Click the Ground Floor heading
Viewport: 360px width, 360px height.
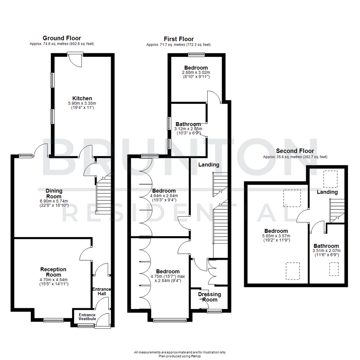(x=62, y=38)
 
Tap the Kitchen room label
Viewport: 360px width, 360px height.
(x=82, y=98)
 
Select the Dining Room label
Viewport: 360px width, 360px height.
(x=54, y=194)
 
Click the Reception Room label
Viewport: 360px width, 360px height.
(x=53, y=272)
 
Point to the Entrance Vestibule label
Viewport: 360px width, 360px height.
(x=87, y=317)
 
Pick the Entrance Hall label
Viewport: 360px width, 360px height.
(x=101, y=292)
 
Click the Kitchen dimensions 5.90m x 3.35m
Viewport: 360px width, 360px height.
(x=82, y=103)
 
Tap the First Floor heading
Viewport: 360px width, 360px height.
(x=179, y=39)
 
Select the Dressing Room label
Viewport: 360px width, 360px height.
(x=210, y=297)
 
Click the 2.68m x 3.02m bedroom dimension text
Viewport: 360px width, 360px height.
(x=196, y=72)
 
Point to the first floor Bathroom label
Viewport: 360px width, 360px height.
(x=188, y=124)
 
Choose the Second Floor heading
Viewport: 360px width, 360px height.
(x=295, y=151)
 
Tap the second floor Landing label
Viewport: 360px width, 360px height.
(x=327, y=192)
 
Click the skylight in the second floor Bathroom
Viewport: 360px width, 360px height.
(x=334, y=269)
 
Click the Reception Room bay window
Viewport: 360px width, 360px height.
(x=53, y=320)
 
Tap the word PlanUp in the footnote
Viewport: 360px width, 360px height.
(x=195, y=356)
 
